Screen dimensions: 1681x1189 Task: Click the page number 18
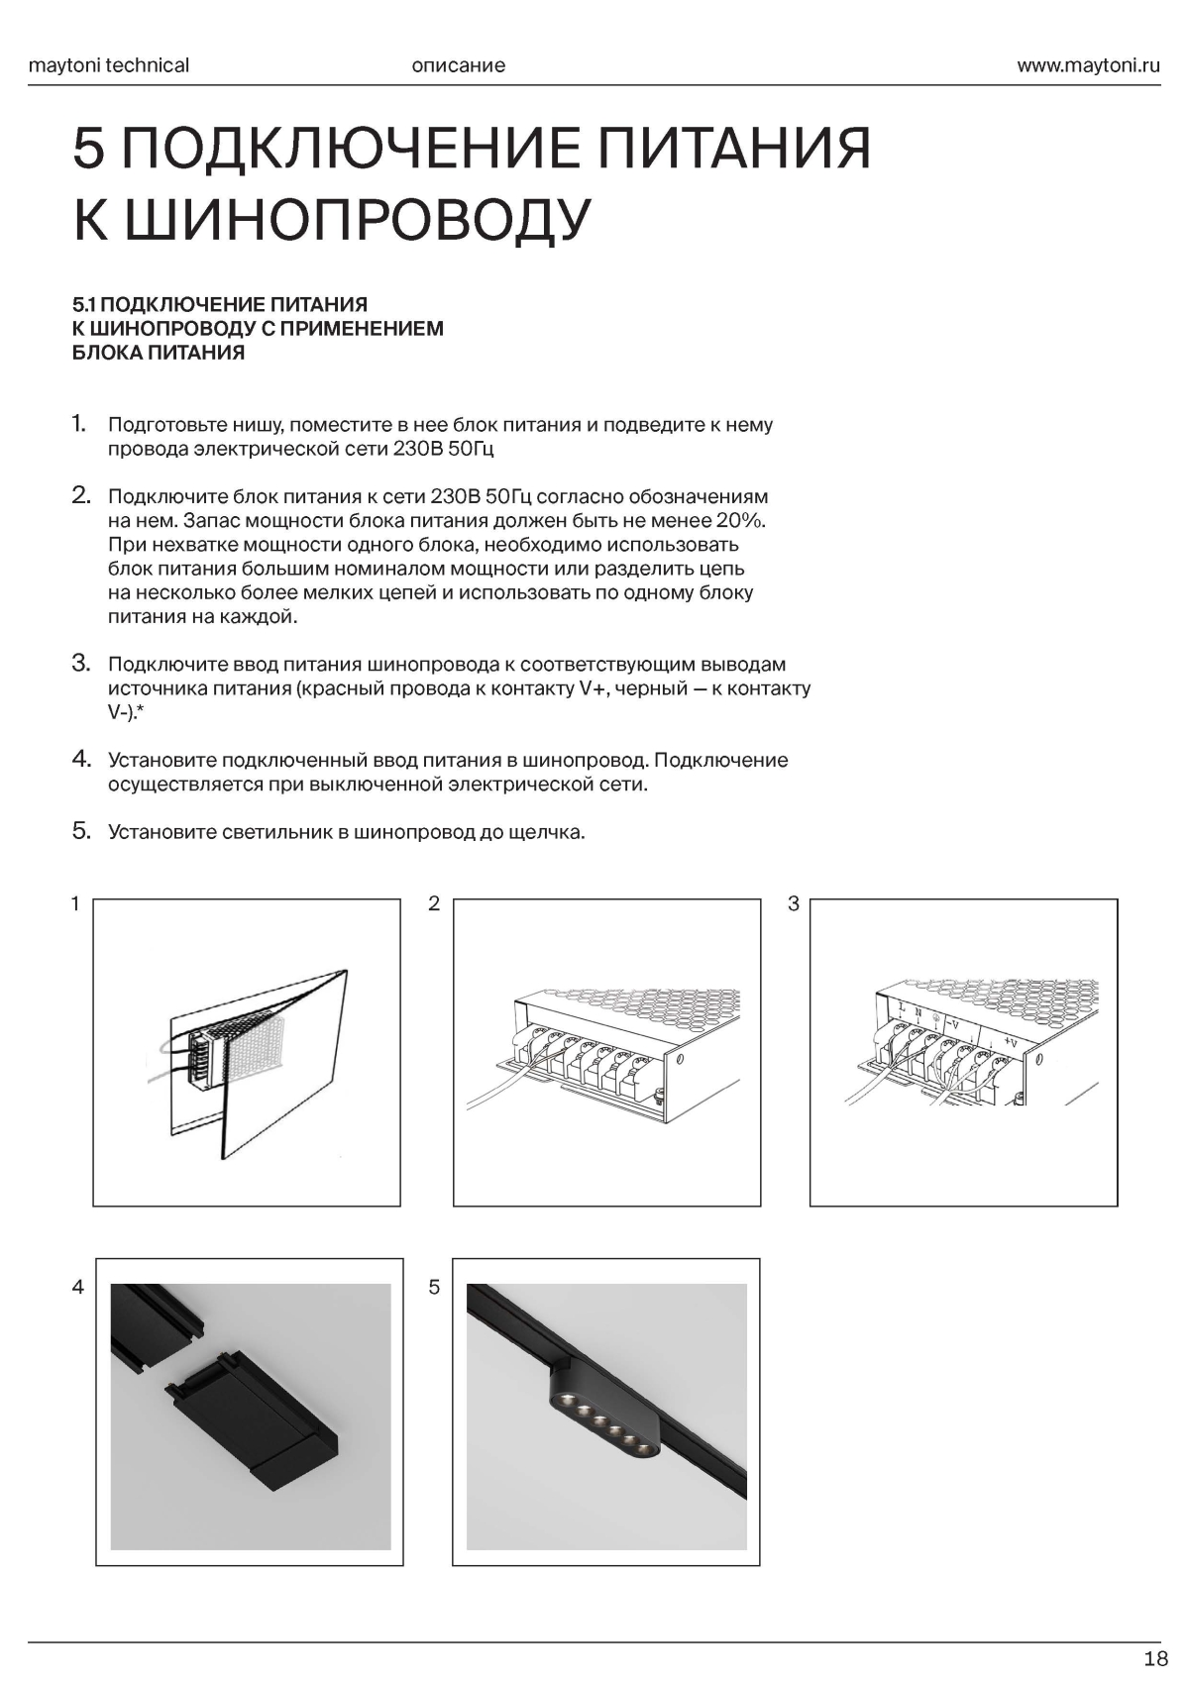[1155, 1659]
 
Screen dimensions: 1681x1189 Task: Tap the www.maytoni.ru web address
[1088, 66]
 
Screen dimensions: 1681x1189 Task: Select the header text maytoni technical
[109, 66]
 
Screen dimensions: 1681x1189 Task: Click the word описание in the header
[458, 66]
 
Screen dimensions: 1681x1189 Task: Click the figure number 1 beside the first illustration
[75, 903]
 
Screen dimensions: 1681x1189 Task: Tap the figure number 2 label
[433, 903]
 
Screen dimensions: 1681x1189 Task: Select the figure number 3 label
[793, 903]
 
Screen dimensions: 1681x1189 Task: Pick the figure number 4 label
[78, 1287]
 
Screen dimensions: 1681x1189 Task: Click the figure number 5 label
[434, 1287]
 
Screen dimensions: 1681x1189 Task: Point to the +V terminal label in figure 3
[1010, 1042]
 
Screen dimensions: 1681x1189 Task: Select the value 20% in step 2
[739, 521]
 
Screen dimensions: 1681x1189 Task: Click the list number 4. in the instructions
[81, 760]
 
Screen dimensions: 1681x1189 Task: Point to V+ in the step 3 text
[593, 688]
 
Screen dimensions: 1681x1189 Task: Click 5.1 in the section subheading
[84, 304]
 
